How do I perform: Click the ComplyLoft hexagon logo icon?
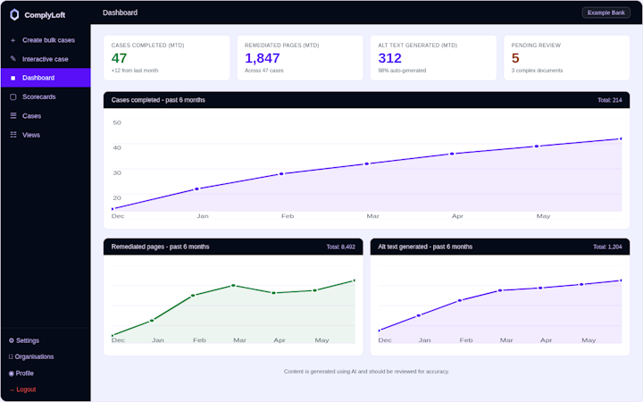click(x=14, y=15)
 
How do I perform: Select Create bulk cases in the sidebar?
click(x=48, y=40)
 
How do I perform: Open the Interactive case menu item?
click(x=46, y=59)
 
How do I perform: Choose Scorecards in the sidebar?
click(x=39, y=96)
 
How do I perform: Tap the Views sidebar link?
click(x=31, y=135)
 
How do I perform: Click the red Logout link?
click(x=26, y=389)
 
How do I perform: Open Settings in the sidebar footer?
click(x=28, y=340)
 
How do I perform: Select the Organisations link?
click(x=34, y=356)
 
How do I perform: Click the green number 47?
click(x=119, y=58)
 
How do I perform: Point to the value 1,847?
click(x=262, y=58)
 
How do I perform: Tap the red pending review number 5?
click(x=515, y=58)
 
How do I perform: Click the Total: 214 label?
click(x=609, y=100)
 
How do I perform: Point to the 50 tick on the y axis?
click(x=117, y=122)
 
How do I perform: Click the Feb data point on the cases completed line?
click(x=281, y=174)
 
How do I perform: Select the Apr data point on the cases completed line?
click(x=452, y=154)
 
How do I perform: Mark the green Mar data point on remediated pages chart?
click(x=233, y=285)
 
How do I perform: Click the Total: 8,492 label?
click(x=341, y=247)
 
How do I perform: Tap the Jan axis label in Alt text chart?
click(x=424, y=340)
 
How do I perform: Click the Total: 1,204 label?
click(x=607, y=247)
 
